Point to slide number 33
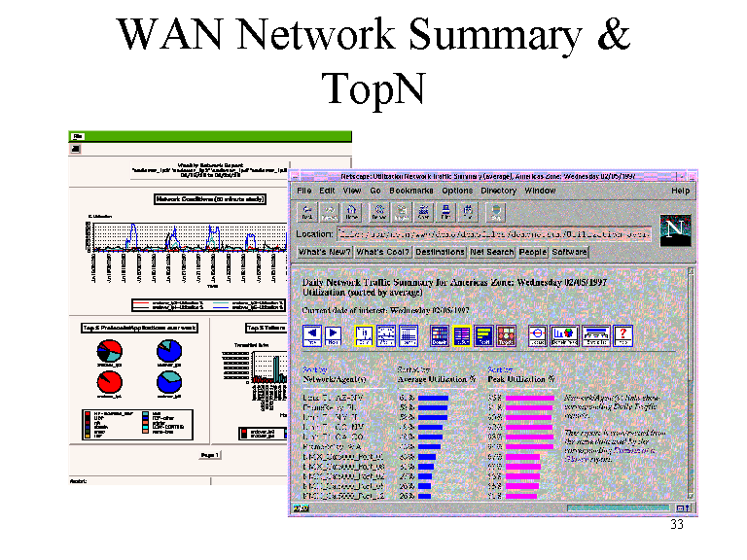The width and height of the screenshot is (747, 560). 677,526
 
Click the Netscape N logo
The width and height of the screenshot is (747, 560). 673,228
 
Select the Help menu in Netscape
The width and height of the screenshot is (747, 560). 680,191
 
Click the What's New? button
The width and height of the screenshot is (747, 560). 324,252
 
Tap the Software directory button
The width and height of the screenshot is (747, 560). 569,252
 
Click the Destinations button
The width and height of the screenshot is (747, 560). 439,252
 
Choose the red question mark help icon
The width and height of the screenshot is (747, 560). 622,335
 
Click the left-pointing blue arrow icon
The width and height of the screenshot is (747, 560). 313,335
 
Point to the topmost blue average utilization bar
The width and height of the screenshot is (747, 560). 434,398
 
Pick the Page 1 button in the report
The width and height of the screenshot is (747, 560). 210,454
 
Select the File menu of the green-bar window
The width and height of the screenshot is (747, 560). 77,136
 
